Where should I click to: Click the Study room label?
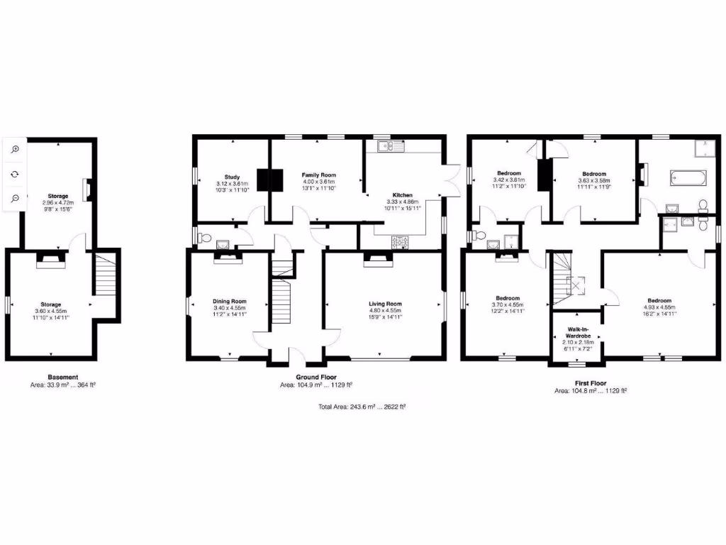pos(233,177)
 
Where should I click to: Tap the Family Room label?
pos(318,175)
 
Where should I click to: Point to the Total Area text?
pos(362,407)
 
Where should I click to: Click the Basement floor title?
pos(63,377)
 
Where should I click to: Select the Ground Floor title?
pos(316,378)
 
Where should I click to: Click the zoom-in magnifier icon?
pos(15,149)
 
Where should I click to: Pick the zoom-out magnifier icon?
pos(15,198)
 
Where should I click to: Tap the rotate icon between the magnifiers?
pos(15,174)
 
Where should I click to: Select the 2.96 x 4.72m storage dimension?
pos(59,202)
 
